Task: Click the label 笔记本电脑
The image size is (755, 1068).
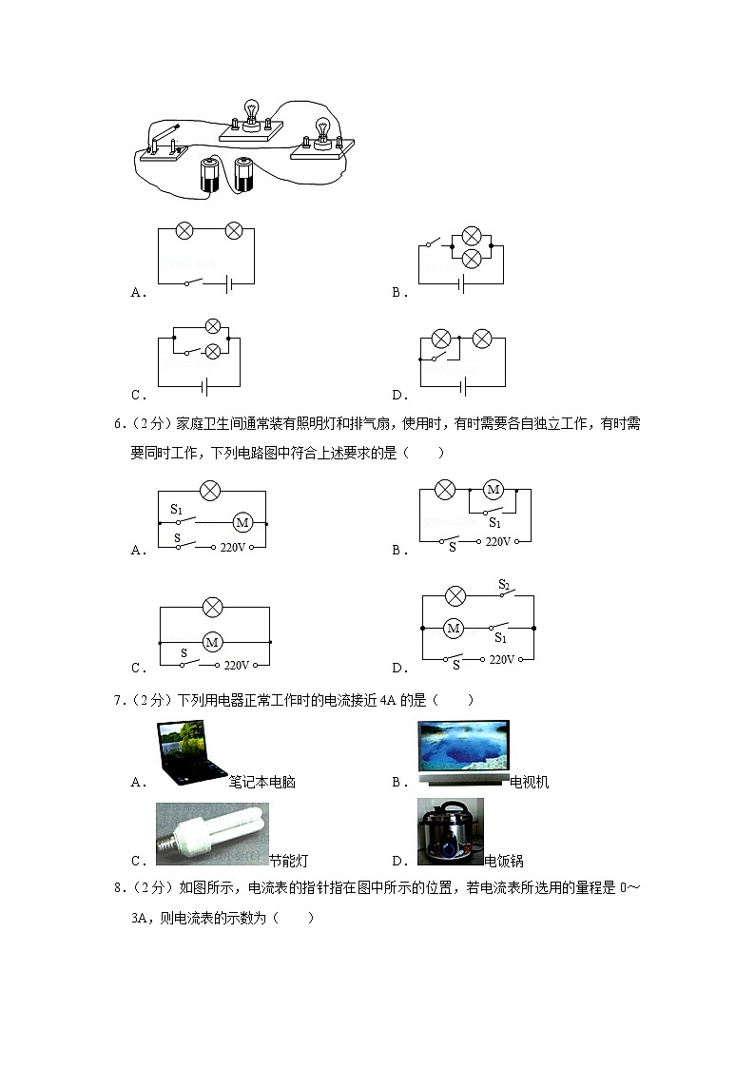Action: pyautogui.click(x=261, y=783)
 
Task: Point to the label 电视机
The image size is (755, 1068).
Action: pyautogui.click(x=530, y=783)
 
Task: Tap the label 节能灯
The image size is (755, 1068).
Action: pyautogui.click(x=288, y=861)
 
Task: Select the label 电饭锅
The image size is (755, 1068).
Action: pyautogui.click(x=504, y=861)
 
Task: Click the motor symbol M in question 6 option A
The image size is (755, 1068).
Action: pyautogui.click(x=242, y=522)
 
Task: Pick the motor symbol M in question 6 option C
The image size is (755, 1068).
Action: pyautogui.click(x=213, y=642)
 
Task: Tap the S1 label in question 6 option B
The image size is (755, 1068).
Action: pyautogui.click(x=494, y=522)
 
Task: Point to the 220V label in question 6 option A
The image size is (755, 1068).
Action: pyautogui.click(x=233, y=548)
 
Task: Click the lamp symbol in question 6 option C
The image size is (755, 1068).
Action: pyautogui.click(x=213, y=607)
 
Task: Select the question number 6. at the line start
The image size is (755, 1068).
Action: pyautogui.click(x=118, y=423)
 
